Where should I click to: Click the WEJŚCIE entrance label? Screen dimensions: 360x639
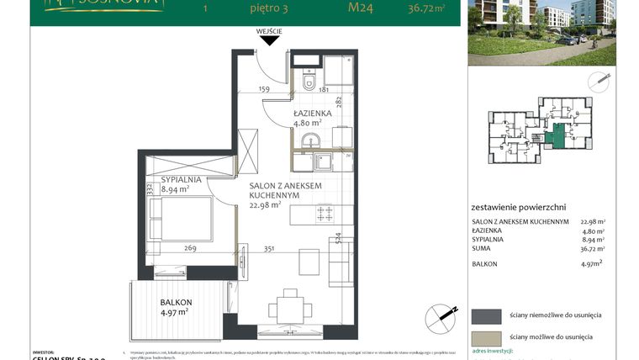pos(270,31)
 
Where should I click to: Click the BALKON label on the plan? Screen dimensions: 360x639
pos(177,302)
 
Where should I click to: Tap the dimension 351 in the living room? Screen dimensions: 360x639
pos(269,248)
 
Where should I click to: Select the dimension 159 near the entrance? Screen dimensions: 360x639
pos(263,88)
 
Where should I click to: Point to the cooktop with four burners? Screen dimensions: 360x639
pos(324,214)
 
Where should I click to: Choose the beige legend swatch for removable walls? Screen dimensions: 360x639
pos(486,337)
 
